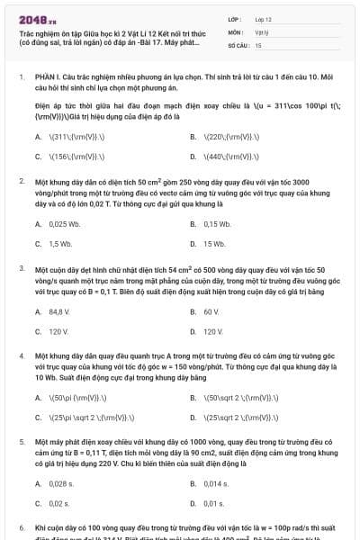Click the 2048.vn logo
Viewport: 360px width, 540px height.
pos(37,19)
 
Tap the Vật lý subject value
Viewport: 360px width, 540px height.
pos(262,31)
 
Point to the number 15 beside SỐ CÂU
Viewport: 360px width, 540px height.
pos(258,44)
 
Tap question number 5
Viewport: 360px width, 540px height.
pos(22,443)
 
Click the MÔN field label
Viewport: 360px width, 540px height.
pos(236,31)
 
